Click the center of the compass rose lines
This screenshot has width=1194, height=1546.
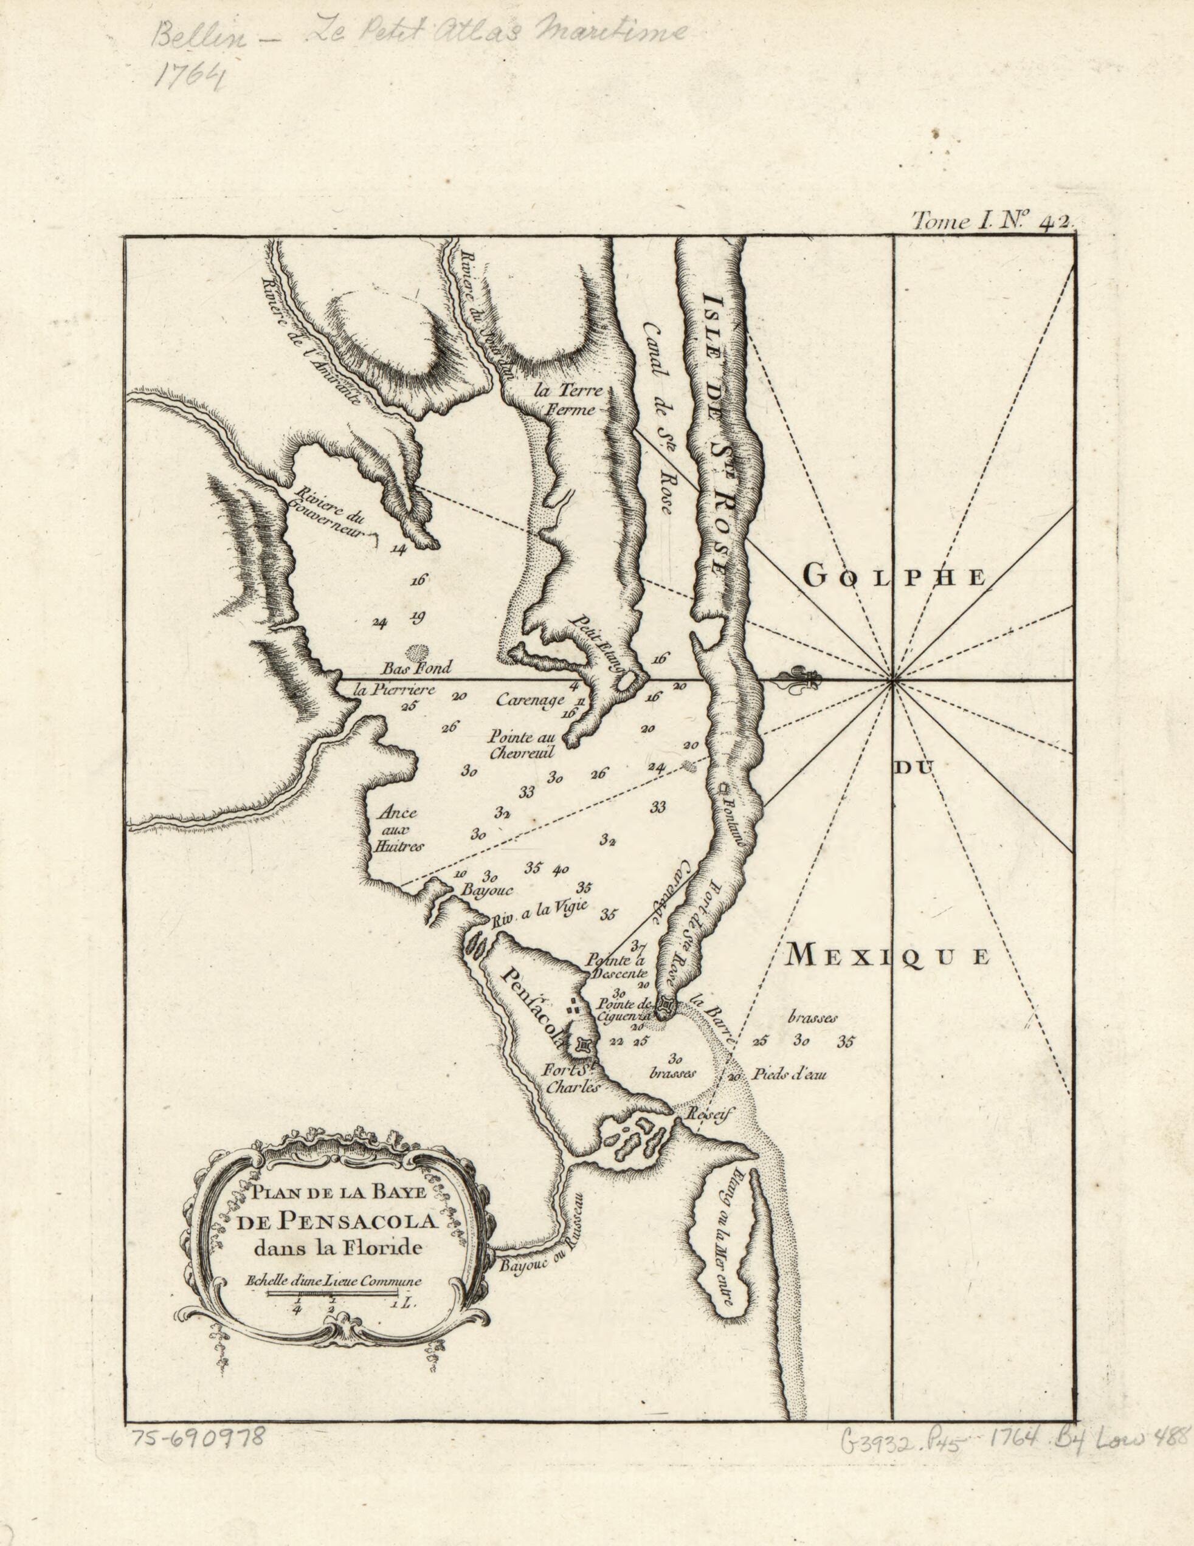[894, 681]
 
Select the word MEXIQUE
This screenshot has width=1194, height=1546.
[888, 957]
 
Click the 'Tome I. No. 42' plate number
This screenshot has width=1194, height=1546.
[993, 222]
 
